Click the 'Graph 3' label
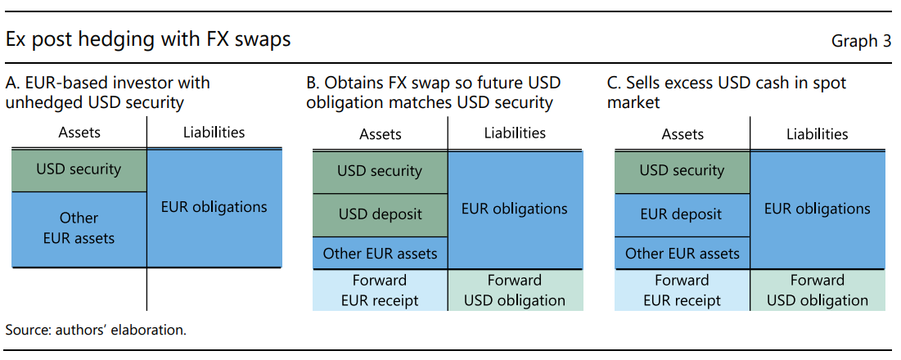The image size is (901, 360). (861, 42)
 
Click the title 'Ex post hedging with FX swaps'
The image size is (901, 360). (148, 39)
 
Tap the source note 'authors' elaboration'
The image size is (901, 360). (96, 331)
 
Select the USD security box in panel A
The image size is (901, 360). (79, 170)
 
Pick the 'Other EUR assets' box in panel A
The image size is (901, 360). (79, 229)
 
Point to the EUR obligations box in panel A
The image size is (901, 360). (215, 208)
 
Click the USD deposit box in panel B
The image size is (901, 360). (380, 214)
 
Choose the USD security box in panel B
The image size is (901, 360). (380, 172)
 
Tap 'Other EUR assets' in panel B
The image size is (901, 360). (380, 253)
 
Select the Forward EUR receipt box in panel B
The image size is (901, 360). (380, 290)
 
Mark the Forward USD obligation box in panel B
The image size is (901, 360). (516, 290)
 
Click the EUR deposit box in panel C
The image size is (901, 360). (682, 214)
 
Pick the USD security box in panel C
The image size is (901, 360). (682, 172)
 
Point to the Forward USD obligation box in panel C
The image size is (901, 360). (818, 290)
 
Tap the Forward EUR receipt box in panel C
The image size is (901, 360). (682, 290)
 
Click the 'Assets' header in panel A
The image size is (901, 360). (79, 133)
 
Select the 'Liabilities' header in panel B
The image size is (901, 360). (515, 134)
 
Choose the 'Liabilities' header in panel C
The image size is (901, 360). (817, 134)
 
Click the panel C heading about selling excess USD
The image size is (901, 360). (727, 92)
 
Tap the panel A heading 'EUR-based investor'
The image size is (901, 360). (108, 92)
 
